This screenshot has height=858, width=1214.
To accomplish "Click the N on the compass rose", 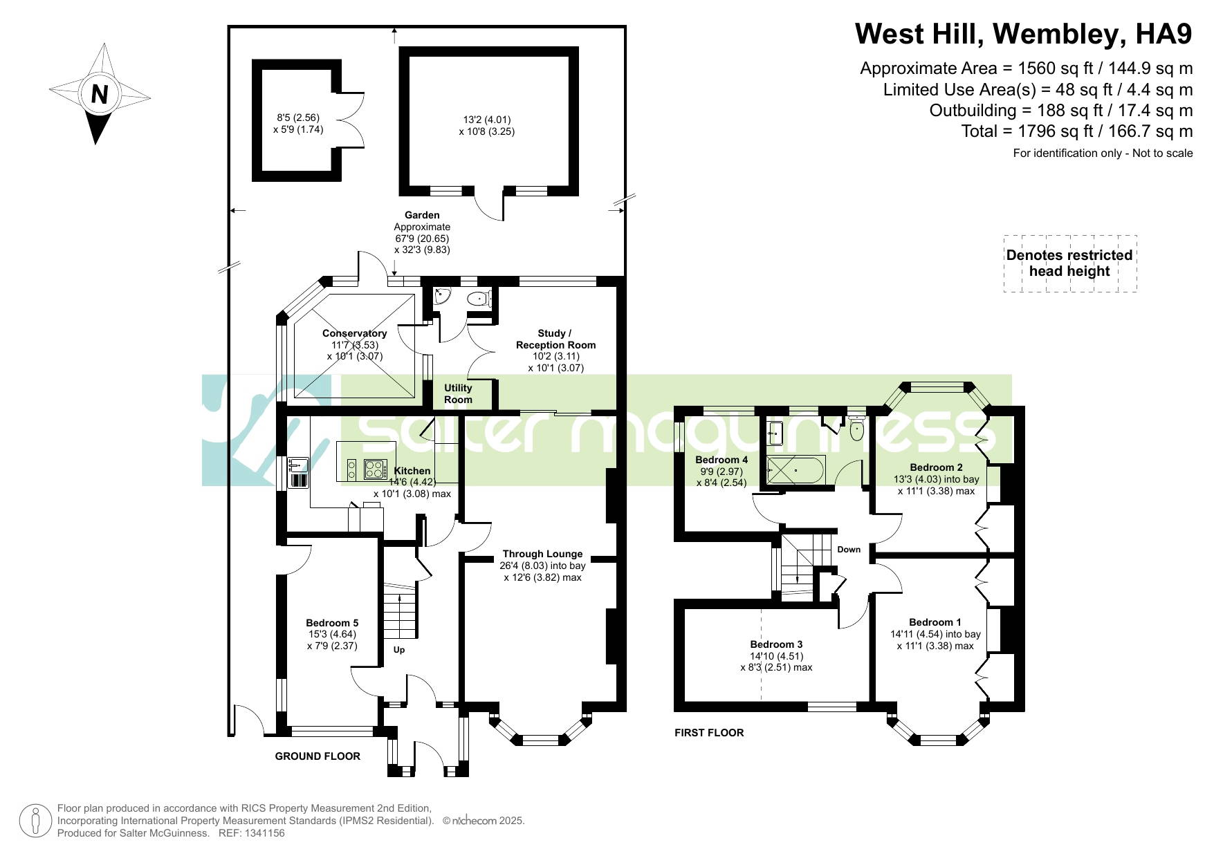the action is click(100, 93).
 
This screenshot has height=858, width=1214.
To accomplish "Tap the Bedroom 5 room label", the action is click(332, 623).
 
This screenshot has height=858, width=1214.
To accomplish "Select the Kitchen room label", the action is click(412, 471).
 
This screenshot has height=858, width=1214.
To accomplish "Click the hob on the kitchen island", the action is click(375, 469).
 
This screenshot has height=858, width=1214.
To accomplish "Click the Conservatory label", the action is click(354, 333).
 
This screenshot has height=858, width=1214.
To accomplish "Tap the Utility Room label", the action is click(458, 393).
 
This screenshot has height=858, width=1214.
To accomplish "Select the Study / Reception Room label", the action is click(555, 339).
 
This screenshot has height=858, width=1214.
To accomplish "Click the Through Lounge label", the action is click(542, 554).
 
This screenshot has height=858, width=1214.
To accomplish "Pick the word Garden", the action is click(422, 215).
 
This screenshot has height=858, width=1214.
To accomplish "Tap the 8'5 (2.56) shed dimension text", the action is click(298, 118).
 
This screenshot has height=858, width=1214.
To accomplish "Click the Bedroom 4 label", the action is click(721, 460).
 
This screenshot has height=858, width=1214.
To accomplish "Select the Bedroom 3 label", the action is click(776, 644).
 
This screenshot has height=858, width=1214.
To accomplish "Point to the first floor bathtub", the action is click(795, 470).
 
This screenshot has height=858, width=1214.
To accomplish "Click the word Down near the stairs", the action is click(849, 550).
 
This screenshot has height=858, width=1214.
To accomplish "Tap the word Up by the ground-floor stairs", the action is click(399, 650).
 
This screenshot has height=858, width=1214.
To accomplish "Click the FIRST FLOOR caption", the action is click(709, 733).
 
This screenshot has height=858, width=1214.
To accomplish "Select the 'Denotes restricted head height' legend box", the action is click(1069, 263).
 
